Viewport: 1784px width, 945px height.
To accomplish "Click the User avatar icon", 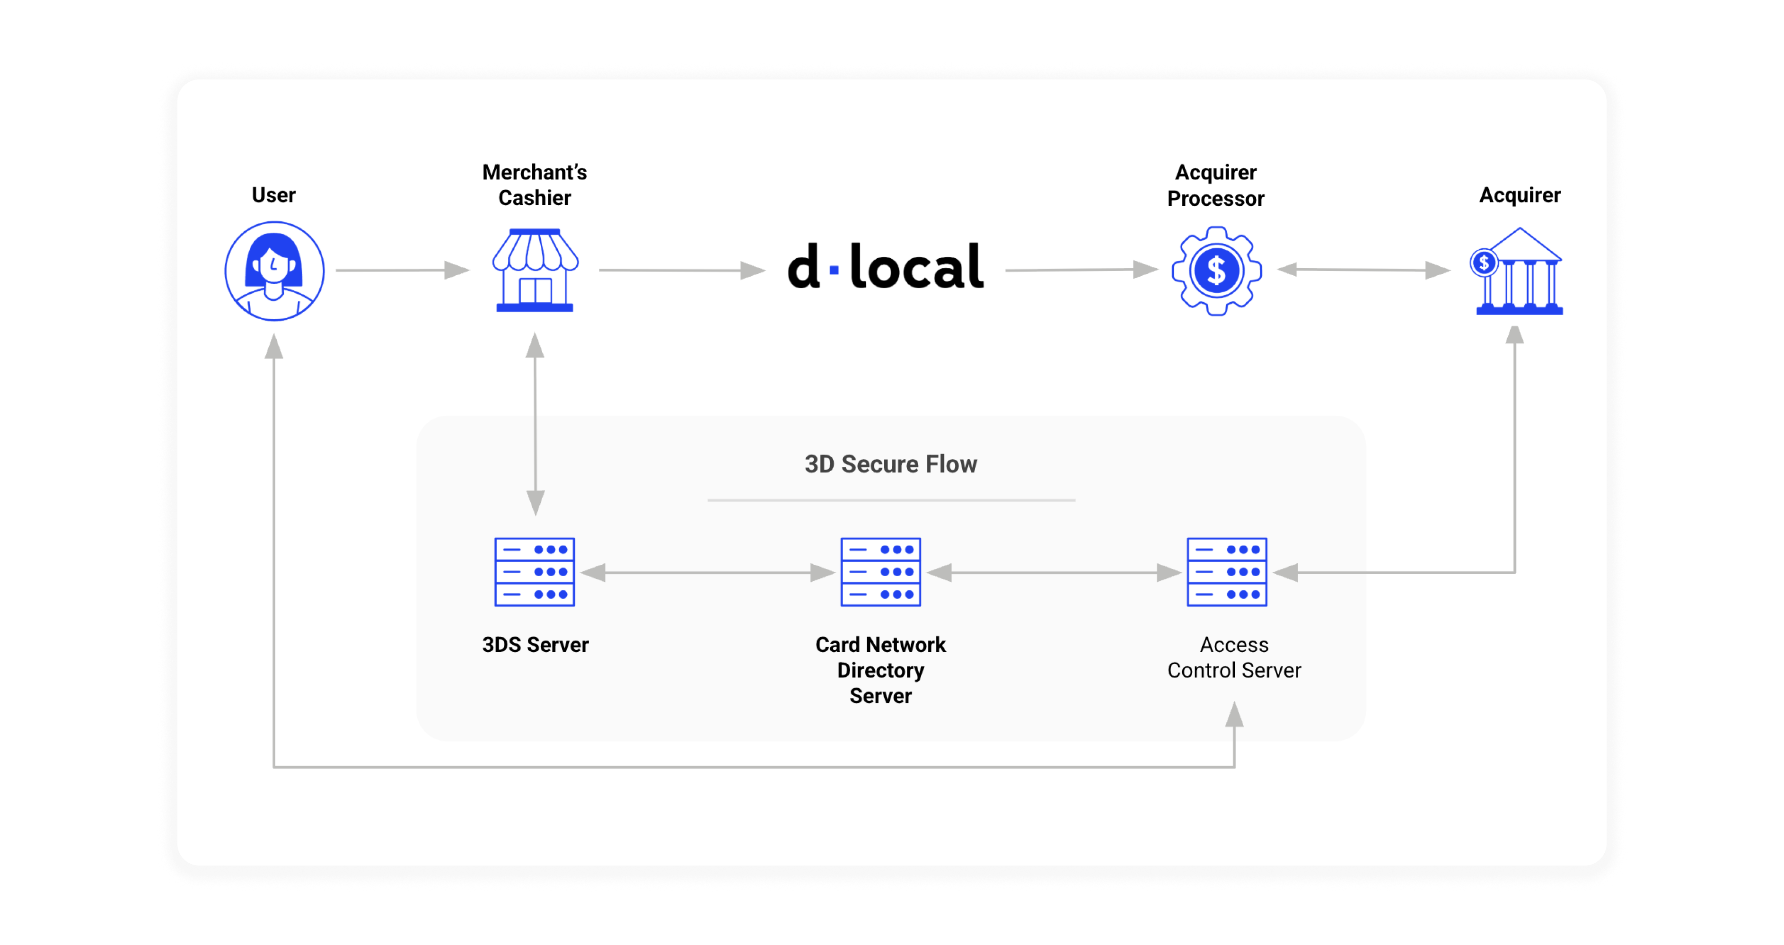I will (x=274, y=271).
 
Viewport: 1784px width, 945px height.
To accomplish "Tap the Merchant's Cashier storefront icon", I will (x=535, y=270).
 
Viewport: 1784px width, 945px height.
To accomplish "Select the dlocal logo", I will (x=885, y=267).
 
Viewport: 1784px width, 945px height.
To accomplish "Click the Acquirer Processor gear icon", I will (x=1216, y=271).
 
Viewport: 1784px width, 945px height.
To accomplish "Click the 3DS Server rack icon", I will (x=535, y=572).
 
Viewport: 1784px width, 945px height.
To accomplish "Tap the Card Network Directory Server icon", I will (x=880, y=572).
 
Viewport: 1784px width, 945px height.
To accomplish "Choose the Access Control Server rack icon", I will (x=1227, y=572).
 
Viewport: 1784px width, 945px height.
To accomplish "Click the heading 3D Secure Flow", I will (x=891, y=464).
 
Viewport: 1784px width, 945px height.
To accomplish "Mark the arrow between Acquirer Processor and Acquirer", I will (x=1363, y=270).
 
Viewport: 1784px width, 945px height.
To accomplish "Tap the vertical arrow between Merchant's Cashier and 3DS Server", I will (x=535, y=424).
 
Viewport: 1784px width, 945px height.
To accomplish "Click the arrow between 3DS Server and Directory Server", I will (x=708, y=573).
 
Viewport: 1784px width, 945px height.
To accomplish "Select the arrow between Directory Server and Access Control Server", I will (x=1054, y=573).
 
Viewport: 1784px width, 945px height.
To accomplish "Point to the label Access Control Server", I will (x=1234, y=658).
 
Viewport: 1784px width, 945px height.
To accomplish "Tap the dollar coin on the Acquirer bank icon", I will (x=1484, y=263).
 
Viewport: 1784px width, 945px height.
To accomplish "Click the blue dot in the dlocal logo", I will (x=834, y=270).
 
